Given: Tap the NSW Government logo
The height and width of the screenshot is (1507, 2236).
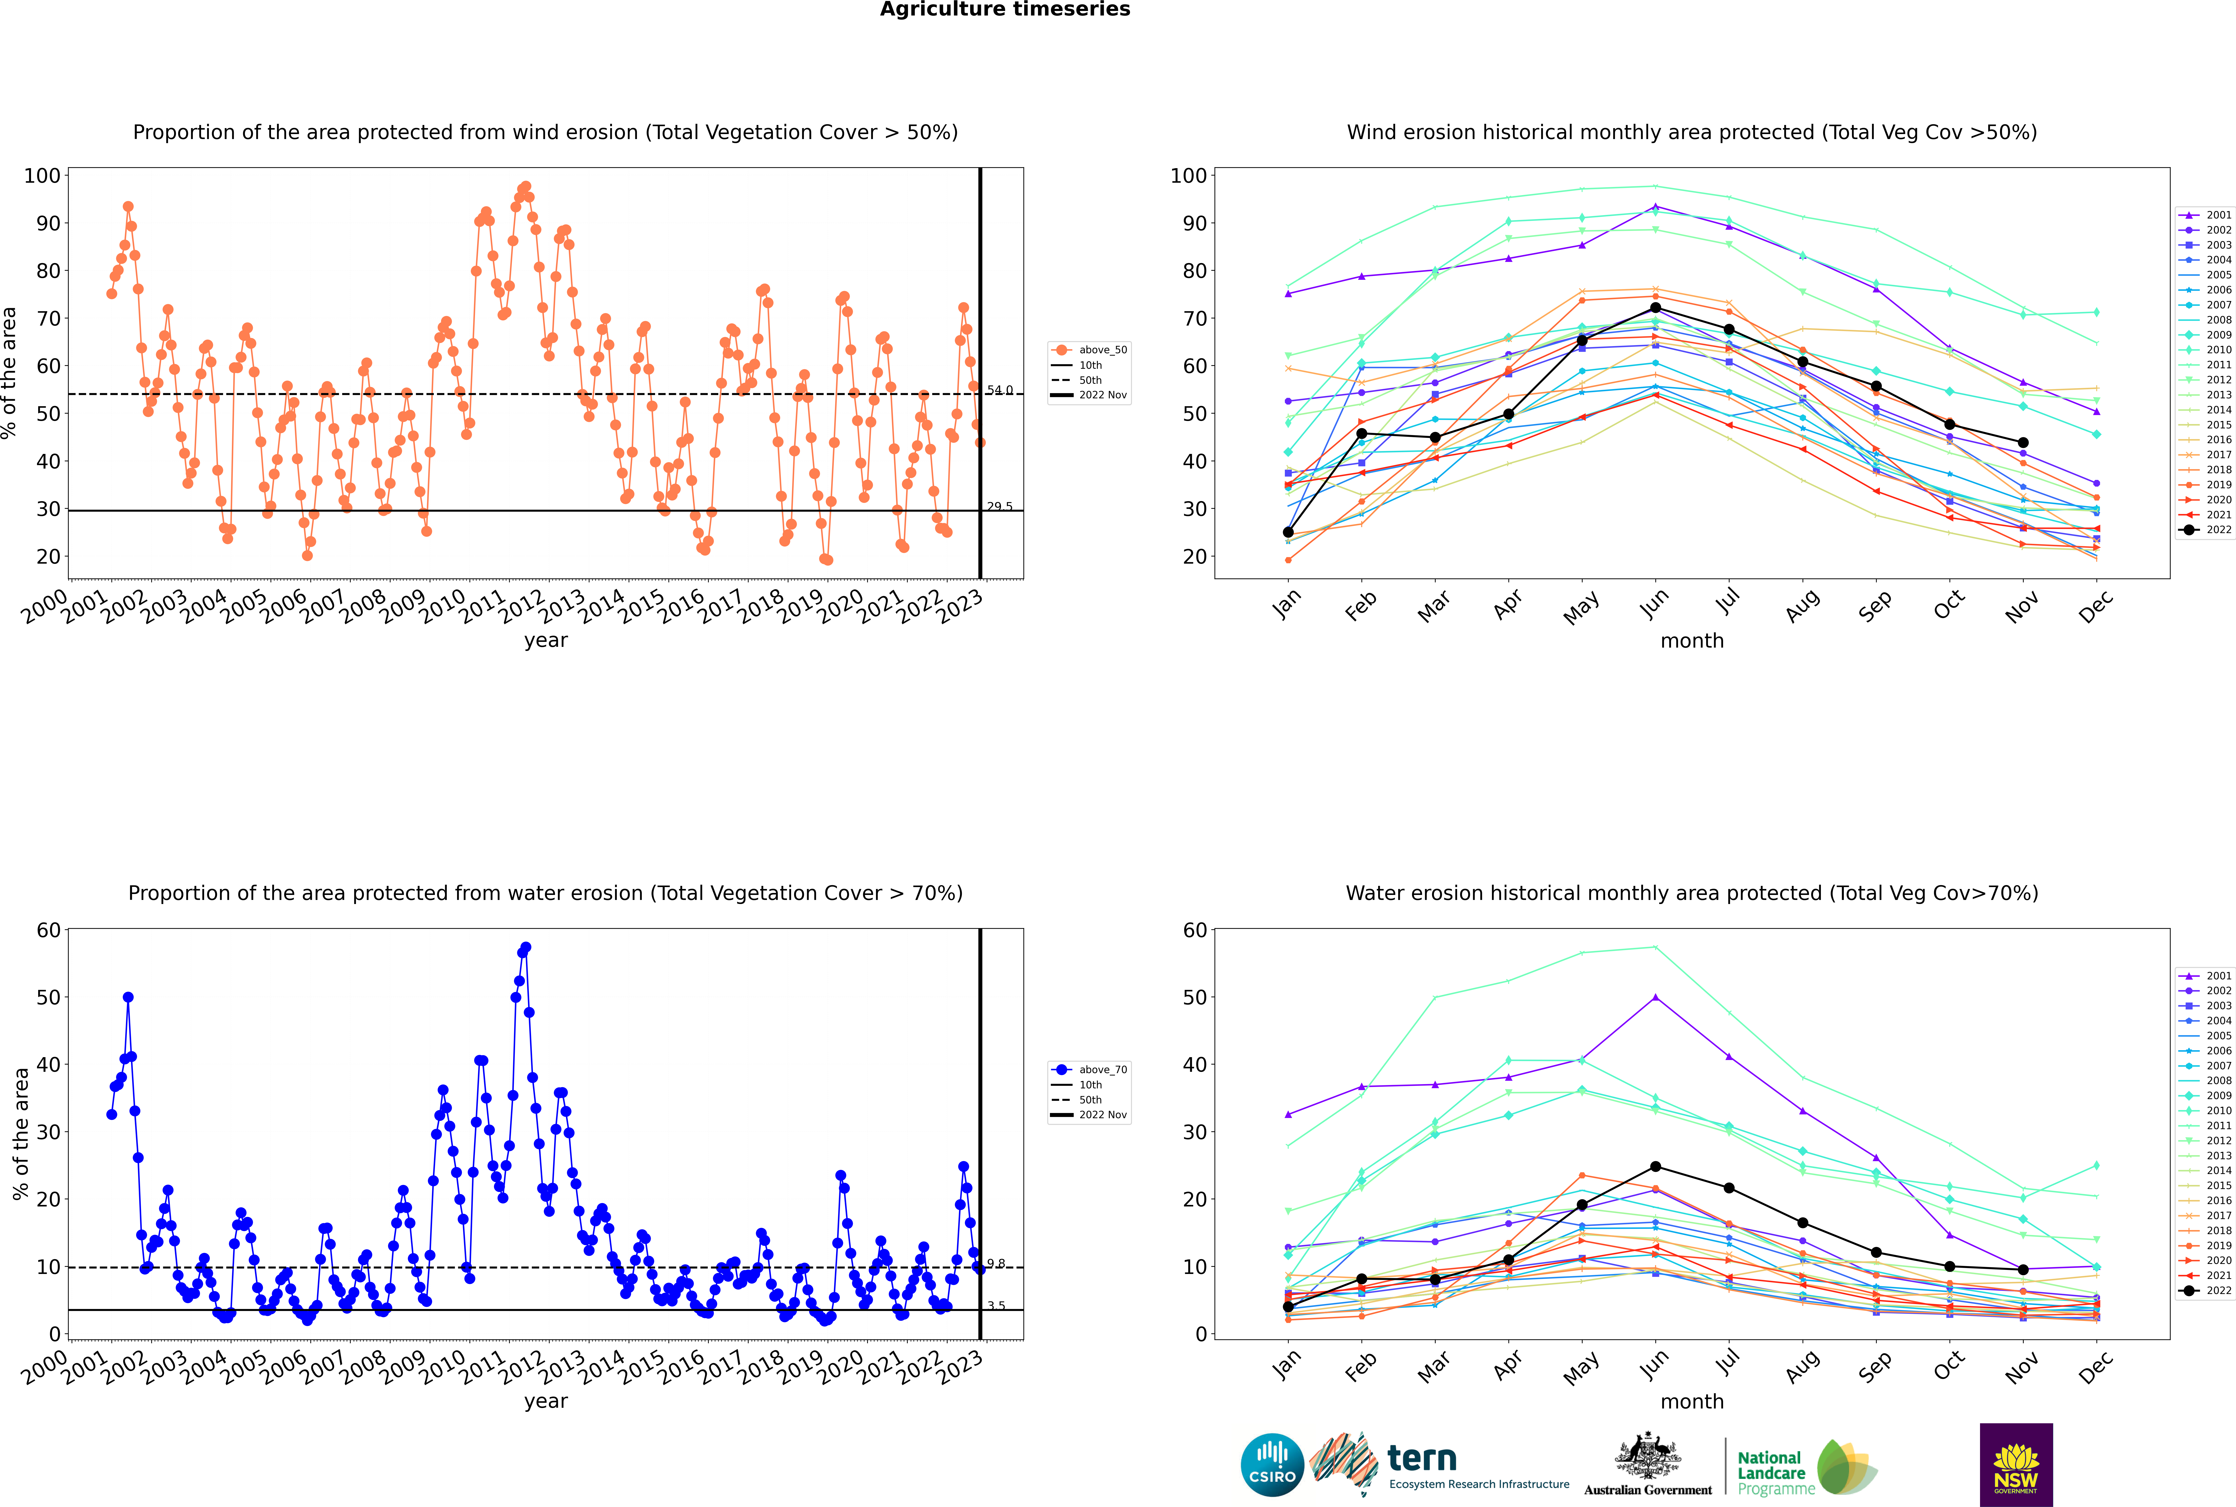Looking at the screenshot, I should click(x=2016, y=1465).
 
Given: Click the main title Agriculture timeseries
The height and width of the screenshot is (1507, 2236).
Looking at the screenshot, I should click(x=1005, y=10).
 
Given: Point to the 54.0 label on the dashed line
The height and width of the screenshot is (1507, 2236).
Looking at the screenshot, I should click(x=1000, y=390).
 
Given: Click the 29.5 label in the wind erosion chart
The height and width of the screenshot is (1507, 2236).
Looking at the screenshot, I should click(x=1000, y=506).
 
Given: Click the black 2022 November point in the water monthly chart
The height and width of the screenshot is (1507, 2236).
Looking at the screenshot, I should click(x=2022, y=1270).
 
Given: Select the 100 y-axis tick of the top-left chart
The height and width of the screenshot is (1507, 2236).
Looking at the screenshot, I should click(x=42, y=176).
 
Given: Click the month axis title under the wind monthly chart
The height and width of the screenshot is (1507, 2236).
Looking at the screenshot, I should click(x=1692, y=641).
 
